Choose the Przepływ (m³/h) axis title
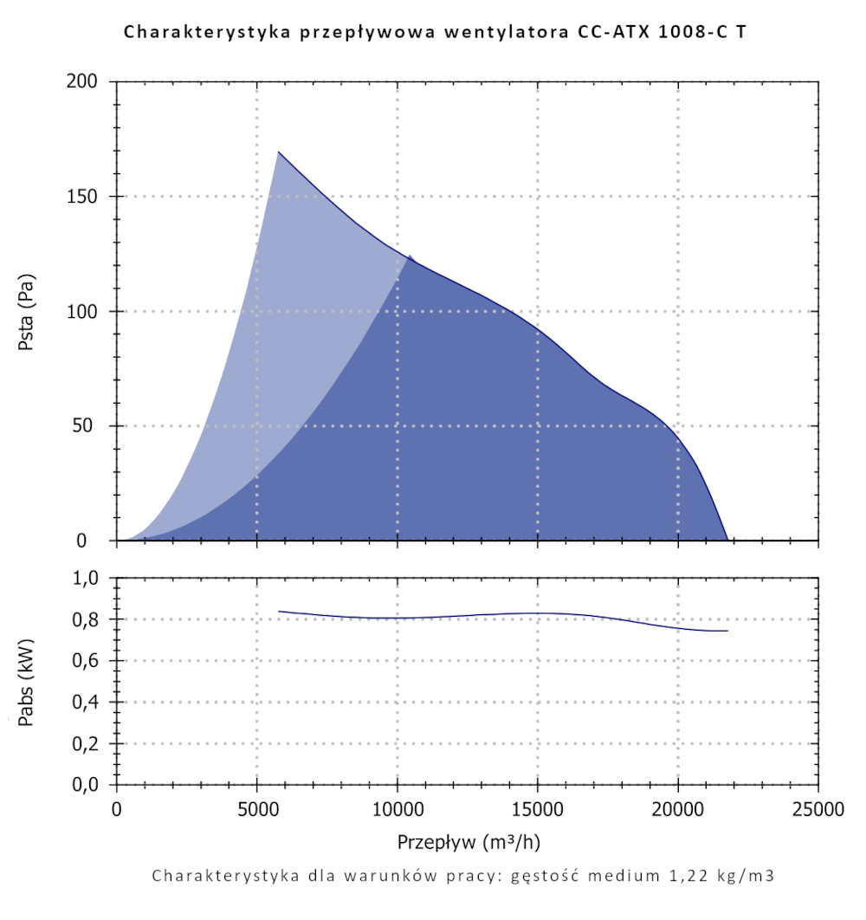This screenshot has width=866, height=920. (468, 842)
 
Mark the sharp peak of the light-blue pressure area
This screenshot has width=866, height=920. (278, 152)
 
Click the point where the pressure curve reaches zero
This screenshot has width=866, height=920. (727, 540)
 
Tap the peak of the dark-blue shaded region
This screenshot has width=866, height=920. (410, 256)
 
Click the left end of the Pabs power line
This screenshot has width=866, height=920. (279, 612)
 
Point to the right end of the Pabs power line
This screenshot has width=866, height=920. (727, 631)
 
